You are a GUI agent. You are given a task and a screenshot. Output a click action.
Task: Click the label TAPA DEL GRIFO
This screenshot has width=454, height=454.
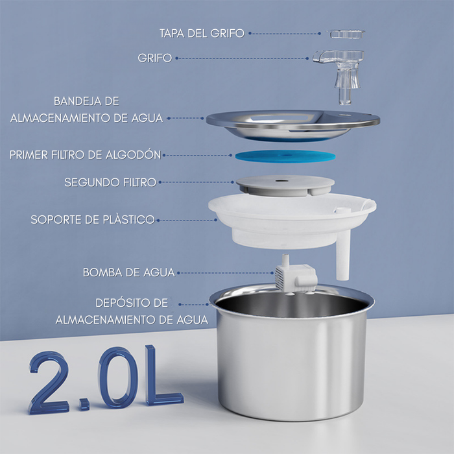coord(202,33)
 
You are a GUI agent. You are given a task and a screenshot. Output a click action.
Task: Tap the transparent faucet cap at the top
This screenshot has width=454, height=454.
coord(346,34)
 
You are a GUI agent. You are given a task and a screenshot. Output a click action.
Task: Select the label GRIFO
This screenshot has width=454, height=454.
coord(154,58)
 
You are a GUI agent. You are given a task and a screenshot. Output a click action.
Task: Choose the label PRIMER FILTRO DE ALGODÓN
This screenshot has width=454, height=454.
coord(85,155)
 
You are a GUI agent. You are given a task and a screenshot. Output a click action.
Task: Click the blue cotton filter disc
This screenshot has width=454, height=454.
coord(285,156)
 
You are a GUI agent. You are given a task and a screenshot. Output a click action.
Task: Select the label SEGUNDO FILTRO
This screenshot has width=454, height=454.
coord(110,182)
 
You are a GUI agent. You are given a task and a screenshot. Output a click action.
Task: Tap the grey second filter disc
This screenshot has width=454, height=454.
coord(285,185)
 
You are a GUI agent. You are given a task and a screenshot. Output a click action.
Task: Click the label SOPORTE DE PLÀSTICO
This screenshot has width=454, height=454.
coord(93,220)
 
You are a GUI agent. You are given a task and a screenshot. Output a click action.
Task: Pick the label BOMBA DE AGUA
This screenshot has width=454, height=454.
coord(129,272)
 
